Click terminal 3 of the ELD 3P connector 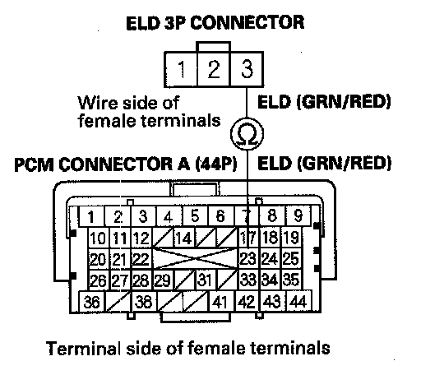(247, 69)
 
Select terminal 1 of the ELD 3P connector (181, 69)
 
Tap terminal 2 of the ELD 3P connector (214, 69)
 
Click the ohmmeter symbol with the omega (247, 133)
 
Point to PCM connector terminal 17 (248, 238)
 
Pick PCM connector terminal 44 (298, 302)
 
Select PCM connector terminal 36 (91, 302)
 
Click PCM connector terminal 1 (91, 216)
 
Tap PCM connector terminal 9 (298, 216)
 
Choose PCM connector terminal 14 (184, 238)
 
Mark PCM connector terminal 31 (205, 280)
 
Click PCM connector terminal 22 (141, 259)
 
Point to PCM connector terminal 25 (291, 259)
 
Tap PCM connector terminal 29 (163, 280)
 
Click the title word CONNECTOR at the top (248, 22)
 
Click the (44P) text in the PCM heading (216, 164)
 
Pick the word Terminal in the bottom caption (84, 348)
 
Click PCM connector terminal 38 (143, 302)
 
